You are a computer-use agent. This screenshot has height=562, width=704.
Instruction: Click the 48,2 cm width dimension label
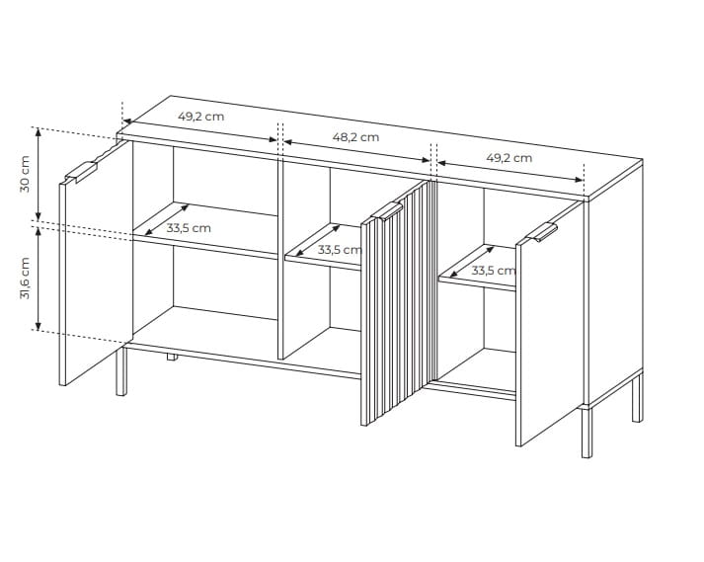coord(355,137)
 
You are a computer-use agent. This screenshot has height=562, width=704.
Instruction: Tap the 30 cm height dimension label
coord(25,174)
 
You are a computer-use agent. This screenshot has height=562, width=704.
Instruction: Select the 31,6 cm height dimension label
coord(25,279)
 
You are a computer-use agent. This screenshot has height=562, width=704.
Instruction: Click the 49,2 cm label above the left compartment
coord(200,117)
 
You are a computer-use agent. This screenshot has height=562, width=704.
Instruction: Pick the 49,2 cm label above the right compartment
coord(509,158)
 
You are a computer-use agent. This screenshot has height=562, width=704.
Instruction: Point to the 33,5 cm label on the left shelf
coord(189,228)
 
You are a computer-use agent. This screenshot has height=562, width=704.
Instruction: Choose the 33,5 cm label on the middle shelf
coord(340,249)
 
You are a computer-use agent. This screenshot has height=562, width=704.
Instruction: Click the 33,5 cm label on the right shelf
coord(494,271)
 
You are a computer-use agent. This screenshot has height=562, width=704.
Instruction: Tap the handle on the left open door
coord(81,172)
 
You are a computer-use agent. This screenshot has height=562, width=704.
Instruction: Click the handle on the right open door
coord(542,232)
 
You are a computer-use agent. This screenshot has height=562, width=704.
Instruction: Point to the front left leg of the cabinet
coord(121,369)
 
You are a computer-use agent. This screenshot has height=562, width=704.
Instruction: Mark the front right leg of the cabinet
coord(587,433)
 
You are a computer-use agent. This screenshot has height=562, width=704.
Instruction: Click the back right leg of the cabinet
coord(637,397)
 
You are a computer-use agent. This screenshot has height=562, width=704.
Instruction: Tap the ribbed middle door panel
coord(399,303)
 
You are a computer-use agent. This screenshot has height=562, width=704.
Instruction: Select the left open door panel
coord(96,263)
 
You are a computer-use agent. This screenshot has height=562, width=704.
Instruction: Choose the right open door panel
coord(552,323)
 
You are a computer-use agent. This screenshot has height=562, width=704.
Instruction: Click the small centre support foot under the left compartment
coord(171,357)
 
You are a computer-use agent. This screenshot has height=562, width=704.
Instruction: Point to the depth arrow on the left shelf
coord(166,219)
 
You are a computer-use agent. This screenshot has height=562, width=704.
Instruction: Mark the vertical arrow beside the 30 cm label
coord(39,174)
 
